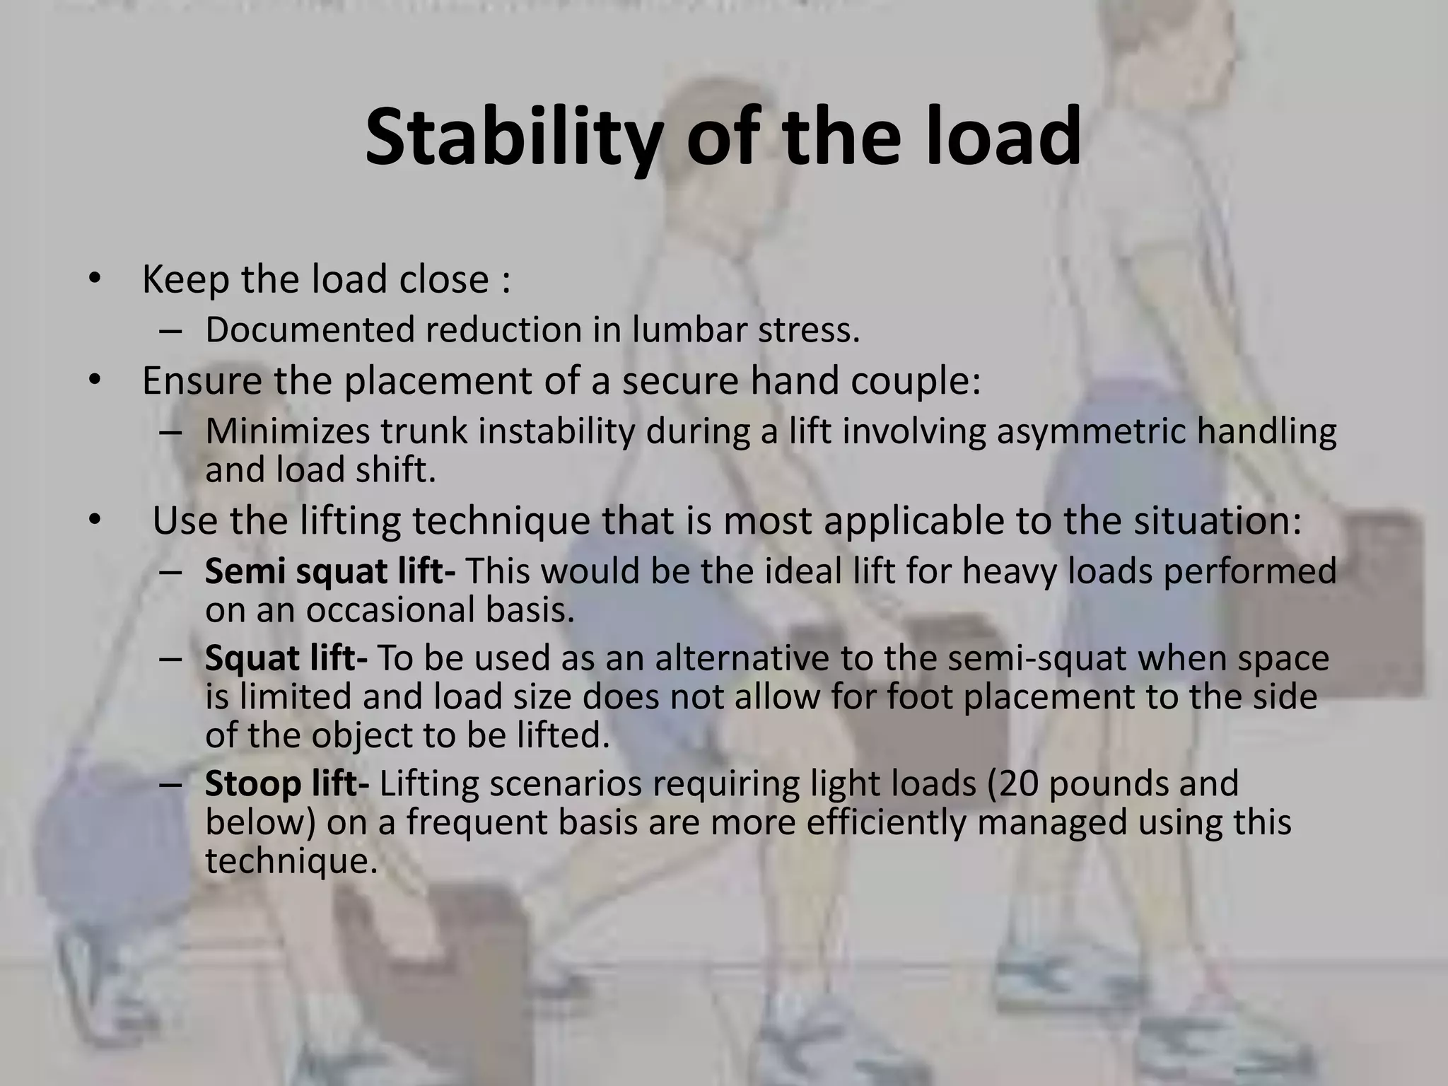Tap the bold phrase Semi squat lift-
coord(330,571)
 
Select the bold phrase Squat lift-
coord(286,658)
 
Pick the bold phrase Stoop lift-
coord(286,784)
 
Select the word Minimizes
coord(287,431)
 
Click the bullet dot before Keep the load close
coord(95,278)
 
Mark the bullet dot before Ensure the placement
coord(95,380)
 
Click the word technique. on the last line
coord(291,861)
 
